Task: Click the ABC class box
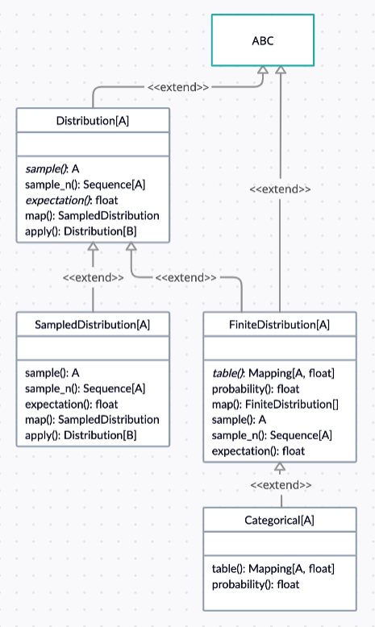(263, 40)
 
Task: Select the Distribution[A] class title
(93, 121)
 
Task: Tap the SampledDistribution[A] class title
(93, 325)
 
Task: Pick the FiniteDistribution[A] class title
(279, 325)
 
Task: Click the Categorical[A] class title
(279, 521)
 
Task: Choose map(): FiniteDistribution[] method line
(275, 405)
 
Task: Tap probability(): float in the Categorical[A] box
(256, 584)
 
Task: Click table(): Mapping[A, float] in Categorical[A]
(273, 569)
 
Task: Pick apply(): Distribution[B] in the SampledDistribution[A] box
(81, 435)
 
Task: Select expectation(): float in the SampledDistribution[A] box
(72, 405)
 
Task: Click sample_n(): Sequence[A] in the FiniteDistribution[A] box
(272, 435)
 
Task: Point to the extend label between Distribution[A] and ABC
(178, 87)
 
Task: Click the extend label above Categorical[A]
(281, 485)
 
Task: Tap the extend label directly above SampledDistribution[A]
(94, 277)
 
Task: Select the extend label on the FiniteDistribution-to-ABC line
(280, 189)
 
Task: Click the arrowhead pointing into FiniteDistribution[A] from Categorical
(280, 467)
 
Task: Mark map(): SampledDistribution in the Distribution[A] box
(92, 216)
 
